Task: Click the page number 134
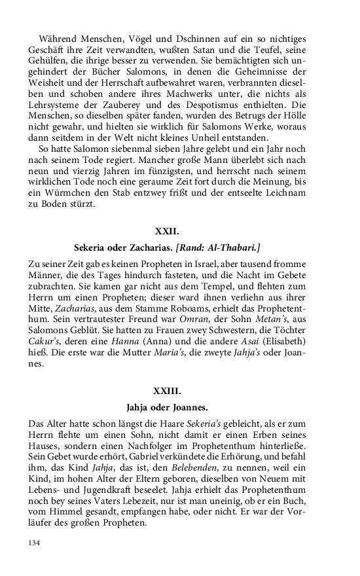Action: pos(35,543)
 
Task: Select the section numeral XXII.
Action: pos(166,231)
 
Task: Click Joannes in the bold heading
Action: pos(189,407)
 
